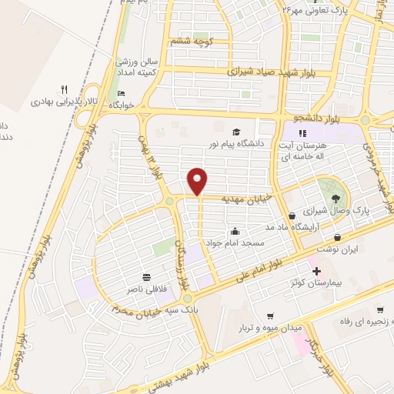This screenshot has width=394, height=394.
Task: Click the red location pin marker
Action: pos(199,182)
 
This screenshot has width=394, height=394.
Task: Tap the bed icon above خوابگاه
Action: pos(120,93)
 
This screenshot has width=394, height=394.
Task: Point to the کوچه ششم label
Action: pos(188,41)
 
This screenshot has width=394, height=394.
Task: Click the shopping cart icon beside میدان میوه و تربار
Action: pos(271,316)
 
